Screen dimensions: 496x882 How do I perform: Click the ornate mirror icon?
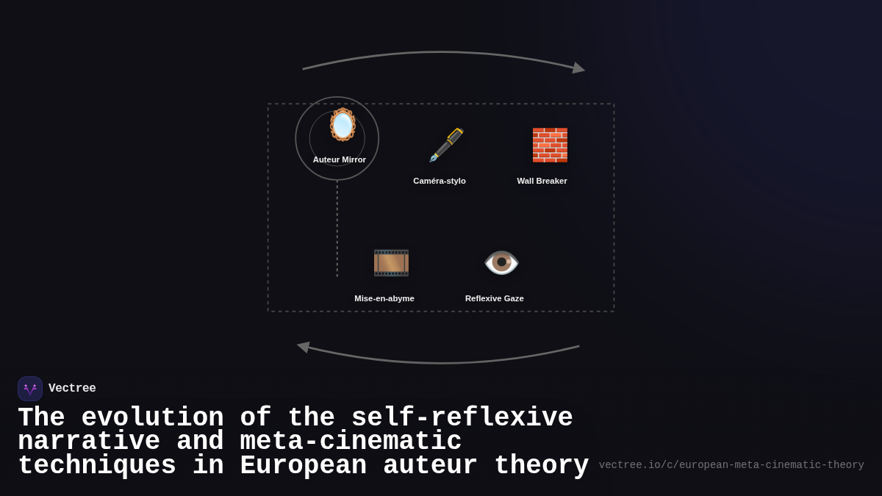[343, 124]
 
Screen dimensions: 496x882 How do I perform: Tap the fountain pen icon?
[446, 145]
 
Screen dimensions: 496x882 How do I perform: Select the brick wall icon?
[550, 145]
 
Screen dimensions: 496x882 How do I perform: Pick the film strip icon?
[391, 262]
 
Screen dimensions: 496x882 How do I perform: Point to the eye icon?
[501, 262]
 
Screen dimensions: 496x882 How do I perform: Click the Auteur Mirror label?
[340, 159]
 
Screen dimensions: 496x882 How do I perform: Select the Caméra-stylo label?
[440, 181]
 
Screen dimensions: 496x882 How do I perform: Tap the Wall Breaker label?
[542, 181]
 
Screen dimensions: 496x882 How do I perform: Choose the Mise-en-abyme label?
[384, 298]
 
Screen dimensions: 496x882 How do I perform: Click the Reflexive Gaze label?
[495, 298]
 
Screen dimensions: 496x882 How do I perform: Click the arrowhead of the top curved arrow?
[579, 68]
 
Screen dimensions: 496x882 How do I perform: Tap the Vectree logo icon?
[30, 389]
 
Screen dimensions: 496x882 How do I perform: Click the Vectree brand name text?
[72, 389]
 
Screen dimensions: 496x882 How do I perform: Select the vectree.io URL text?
[731, 465]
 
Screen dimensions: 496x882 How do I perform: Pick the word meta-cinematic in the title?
[351, 442]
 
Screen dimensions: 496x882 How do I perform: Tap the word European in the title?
[303, 466]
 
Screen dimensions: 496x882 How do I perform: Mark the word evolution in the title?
[152, 418]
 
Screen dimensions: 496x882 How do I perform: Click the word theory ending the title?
[541, 466]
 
